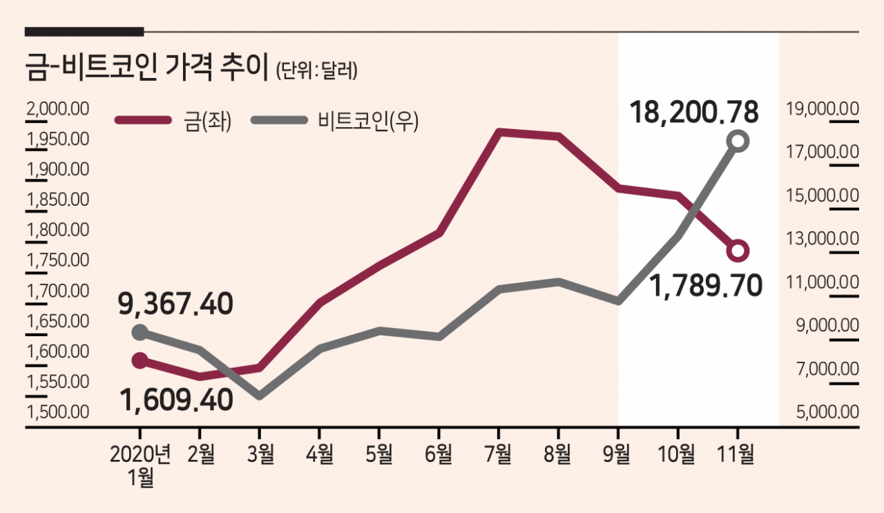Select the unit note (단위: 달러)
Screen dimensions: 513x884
316,72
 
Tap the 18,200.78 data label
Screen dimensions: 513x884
695,112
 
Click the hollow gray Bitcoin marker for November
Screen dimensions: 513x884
738,141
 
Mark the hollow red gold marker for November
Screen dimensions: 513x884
738,250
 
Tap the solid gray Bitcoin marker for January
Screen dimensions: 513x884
140,333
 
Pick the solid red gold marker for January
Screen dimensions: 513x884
140,360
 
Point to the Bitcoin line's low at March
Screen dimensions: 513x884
260,396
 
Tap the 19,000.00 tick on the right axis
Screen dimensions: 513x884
822,108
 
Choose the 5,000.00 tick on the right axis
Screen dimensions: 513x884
822,412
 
